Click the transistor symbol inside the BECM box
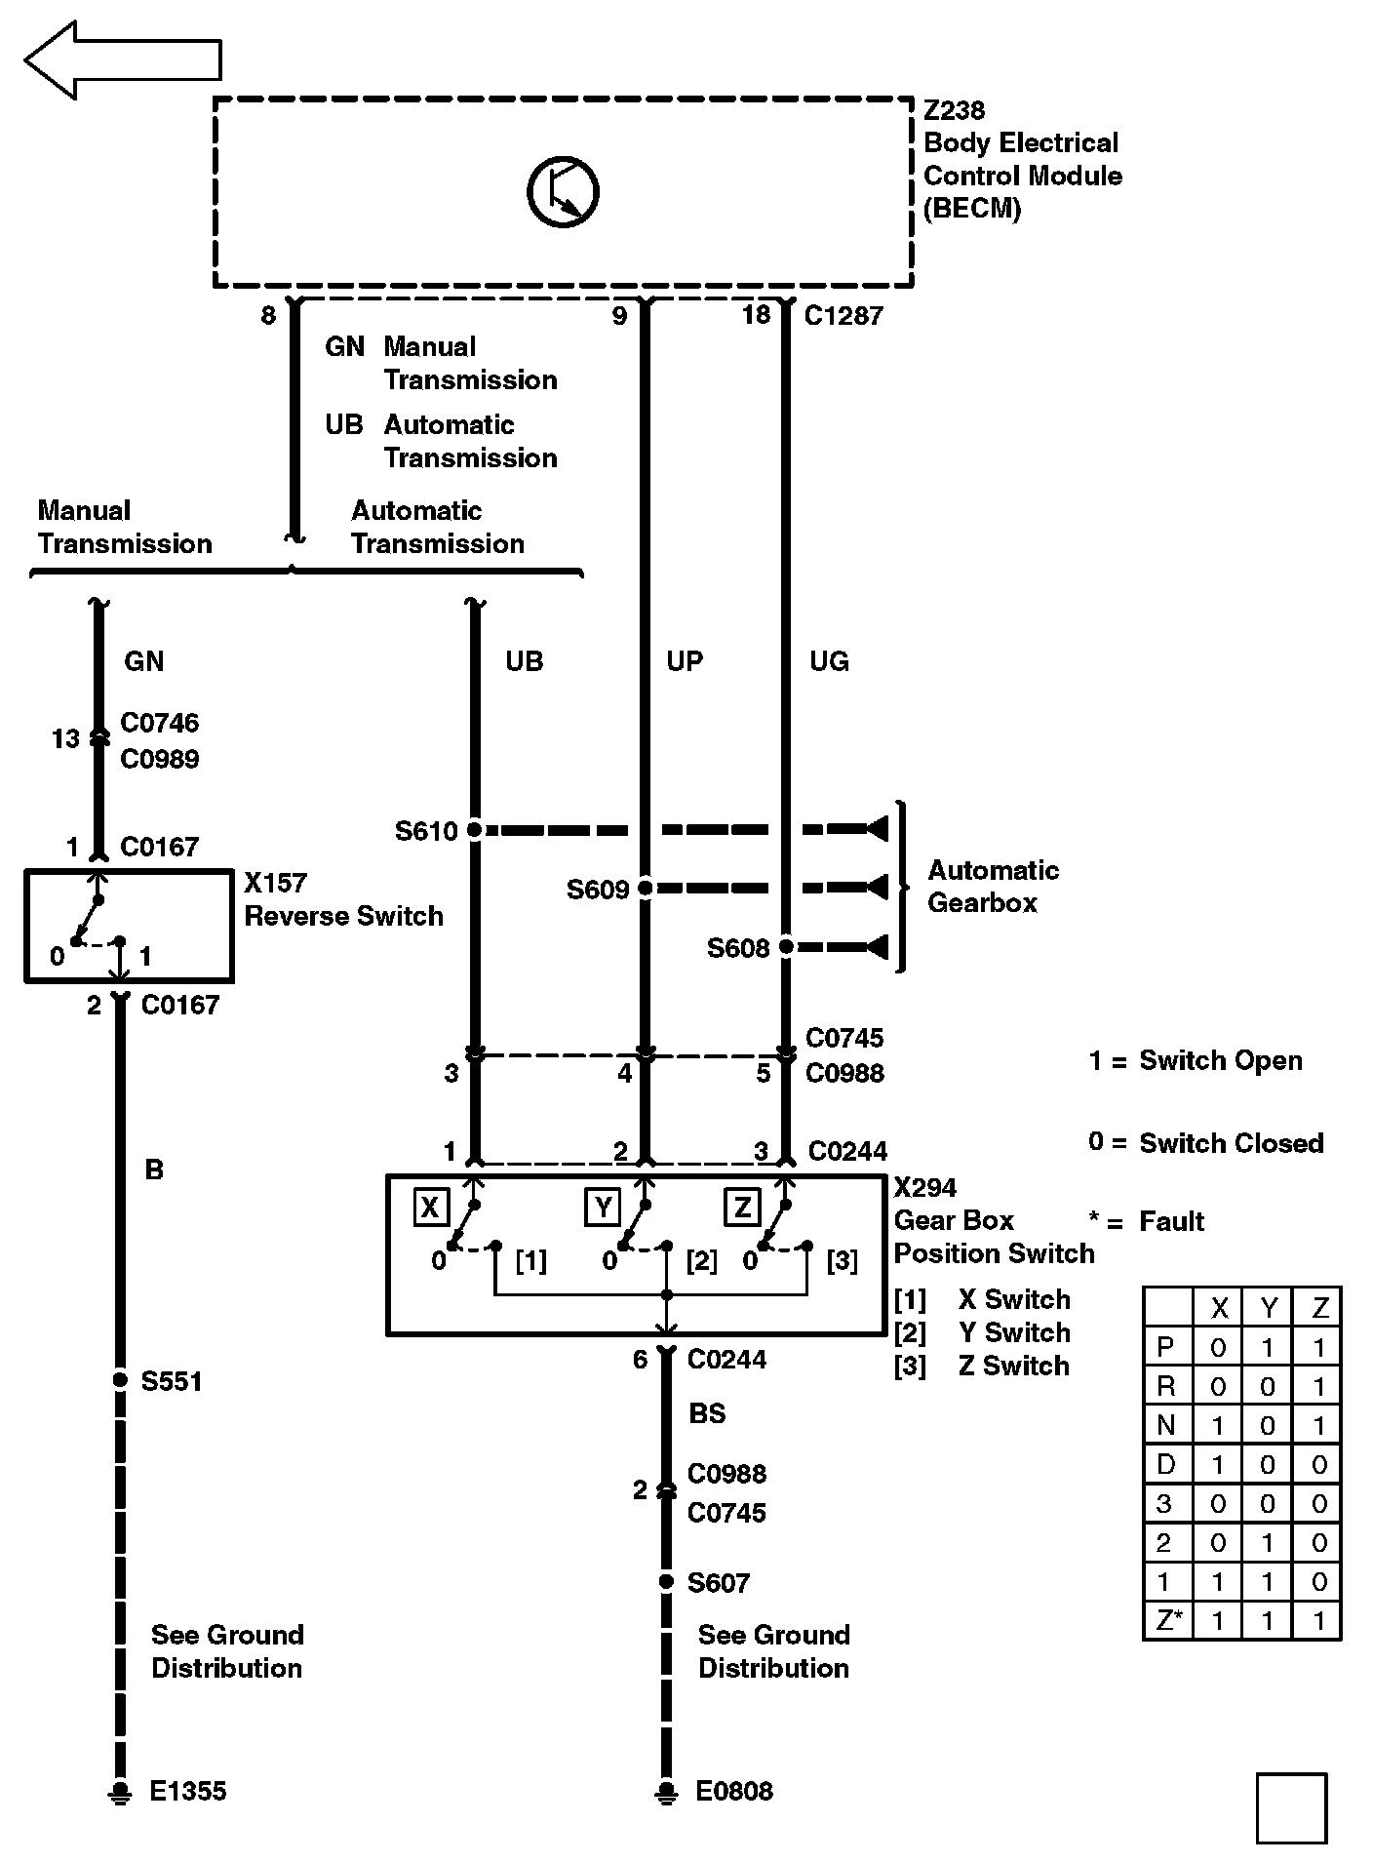pyautogui.click(x=563, y=192)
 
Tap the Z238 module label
pyautogui.click(x=954, y=111)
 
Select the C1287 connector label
pyautogui.click(x=843, y=316)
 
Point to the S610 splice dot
pyautogui.click(x=475, y=830)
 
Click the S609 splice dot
pyautogui.click(x=645, y=889)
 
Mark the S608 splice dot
pyautogui.click(x=786, y=947)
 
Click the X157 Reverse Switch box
pyautogui.click(x=129, y=926)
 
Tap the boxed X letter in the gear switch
pyautogui.click(x=429, y=1208)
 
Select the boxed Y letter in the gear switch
pyautogui.click(x=603, y=1208)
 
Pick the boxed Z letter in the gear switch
pyautogui.click(x=742, y=1208)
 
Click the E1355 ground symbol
pyautogui.click(x=120, y=1792)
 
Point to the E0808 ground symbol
pyautogui.click(x=666, y=1792)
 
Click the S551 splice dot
pyautogui.click(x=120, y=1380)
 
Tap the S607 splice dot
pyautogui.click(x=666, y=1581)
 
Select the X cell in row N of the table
pyautogui.click(x=1218, y=1426)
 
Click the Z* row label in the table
pyautogui.click(x=1168, y=1621)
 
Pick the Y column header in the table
pyautogui.click(x=1269, y=1308)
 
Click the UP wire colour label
pyautogui.click(x=684, y=661)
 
